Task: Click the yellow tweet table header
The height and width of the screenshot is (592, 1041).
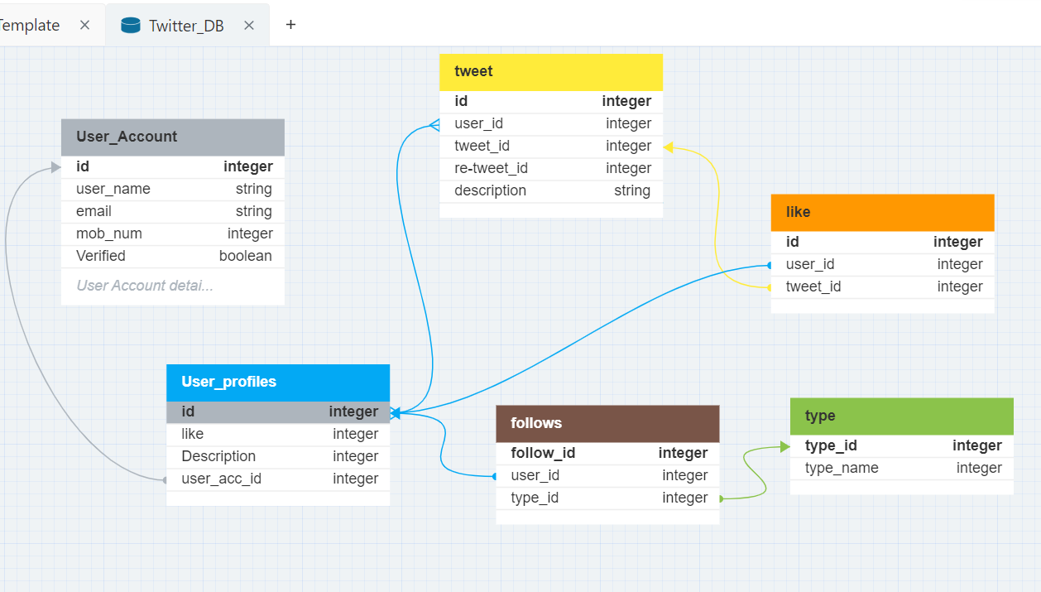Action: (x=550, y=72)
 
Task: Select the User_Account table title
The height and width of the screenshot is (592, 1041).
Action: (x=127, y=137)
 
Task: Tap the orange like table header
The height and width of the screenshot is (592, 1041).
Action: (x=882, y=212)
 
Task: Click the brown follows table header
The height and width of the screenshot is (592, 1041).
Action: (x=607, y=423)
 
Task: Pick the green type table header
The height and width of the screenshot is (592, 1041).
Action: (x=901, y=416)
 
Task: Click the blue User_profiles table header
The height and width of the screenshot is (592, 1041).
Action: (x=277, y=382)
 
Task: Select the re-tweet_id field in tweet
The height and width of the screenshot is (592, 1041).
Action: (x=491, y=168)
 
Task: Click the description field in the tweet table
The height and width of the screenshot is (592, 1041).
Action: (x=490, y=190)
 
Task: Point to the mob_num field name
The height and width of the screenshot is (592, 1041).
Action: (x=109, y=233)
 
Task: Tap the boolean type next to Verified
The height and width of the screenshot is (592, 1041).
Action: (x=245, y=256)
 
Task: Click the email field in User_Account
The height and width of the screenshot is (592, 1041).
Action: (x=94, y=211)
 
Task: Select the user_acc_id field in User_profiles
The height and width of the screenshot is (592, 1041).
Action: (x=221, y=479)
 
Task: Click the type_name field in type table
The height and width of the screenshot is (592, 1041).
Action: (x=842, y=468)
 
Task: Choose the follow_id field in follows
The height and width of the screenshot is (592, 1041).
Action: (x=543, y=453)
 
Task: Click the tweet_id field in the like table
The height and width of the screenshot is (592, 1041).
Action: (x=813, y=286)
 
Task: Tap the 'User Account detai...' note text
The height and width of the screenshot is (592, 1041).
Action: (x=145, y=286)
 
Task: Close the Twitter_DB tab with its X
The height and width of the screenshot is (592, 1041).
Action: (x=249, y=26)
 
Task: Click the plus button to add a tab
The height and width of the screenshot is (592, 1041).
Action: (x=290, y=25)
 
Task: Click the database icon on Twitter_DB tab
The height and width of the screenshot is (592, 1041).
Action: (x=131, y=26)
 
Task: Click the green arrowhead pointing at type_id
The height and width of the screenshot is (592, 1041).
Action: (x=784, y=446)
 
